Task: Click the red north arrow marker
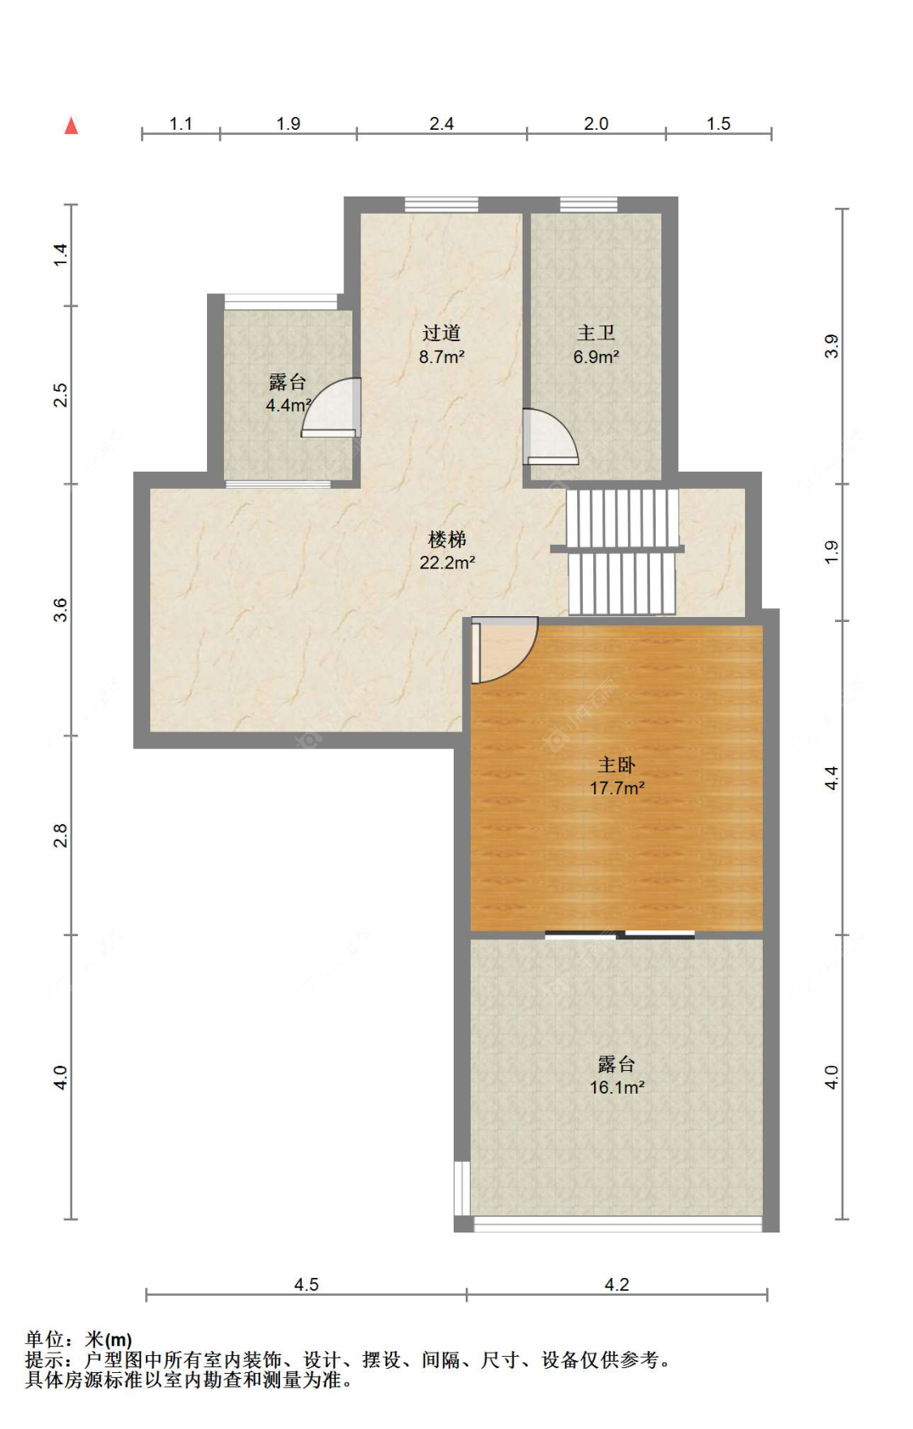tap(71, 125)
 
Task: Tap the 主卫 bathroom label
tap(596, 333)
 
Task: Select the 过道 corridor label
tap(441, 333)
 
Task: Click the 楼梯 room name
tap(447, 539)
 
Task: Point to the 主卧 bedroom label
tap(617, 765)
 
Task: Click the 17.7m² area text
tap(617, 788)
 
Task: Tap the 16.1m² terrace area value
tap(617, 1088)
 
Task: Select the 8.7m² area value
tap(441, 356)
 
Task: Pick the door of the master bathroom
tap(550, 436)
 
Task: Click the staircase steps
tap(622, 551)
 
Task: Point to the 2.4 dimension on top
tap(441, 123)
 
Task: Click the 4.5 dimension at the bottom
tap(306, 1284)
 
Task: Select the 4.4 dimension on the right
tap(831, 778)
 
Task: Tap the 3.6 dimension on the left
tap(60, 610)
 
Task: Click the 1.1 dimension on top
tap(180, 123)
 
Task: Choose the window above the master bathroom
tap(588, 205)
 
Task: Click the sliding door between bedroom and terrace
tap(620, 935)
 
